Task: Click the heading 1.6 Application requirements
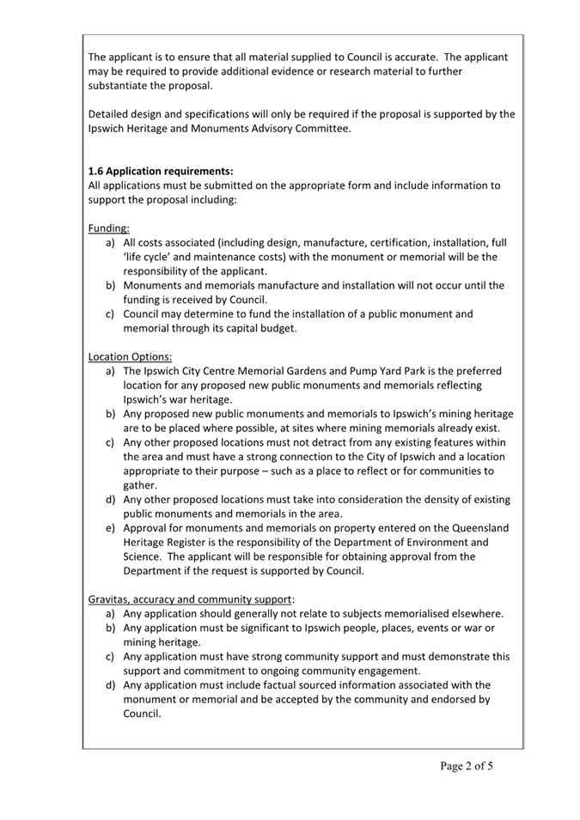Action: click(161, 171)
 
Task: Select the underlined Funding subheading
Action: click(109, 228)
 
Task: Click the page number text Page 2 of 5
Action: click(467, 766)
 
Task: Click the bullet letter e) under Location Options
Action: click(111, 528)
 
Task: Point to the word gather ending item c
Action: click(142, 485)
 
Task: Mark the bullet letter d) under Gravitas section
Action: click(111, 685)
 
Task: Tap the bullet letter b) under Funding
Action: click(111, 286)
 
